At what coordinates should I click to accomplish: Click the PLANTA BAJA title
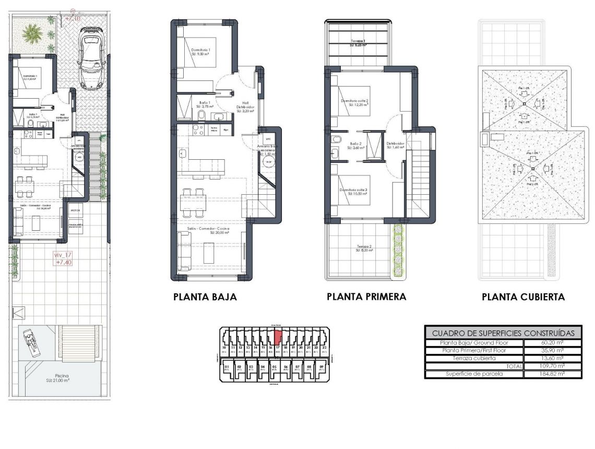coord(205,297)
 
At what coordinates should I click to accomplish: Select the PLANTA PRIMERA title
coord(366,297)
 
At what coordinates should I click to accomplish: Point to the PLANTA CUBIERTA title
coord(523,297)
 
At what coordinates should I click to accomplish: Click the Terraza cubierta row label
coord(474,358)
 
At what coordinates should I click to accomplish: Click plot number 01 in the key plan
coord(227,367)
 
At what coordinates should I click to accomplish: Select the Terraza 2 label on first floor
coord(364,247)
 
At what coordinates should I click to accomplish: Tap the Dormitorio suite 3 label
coord(354,191)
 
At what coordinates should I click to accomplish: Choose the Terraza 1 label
coord(357,42)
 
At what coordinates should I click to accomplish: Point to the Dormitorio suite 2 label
coord(354,101)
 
